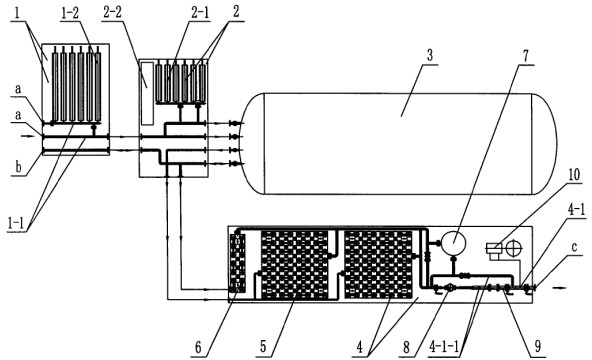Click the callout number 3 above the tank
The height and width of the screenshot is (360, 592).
click(429, 55)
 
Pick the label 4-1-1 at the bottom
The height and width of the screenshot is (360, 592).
click(444, 346)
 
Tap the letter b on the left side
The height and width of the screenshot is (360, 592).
click(18, 166)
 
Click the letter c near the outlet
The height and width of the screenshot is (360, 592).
click(574, 247)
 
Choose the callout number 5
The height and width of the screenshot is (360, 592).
click(264, 347)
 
